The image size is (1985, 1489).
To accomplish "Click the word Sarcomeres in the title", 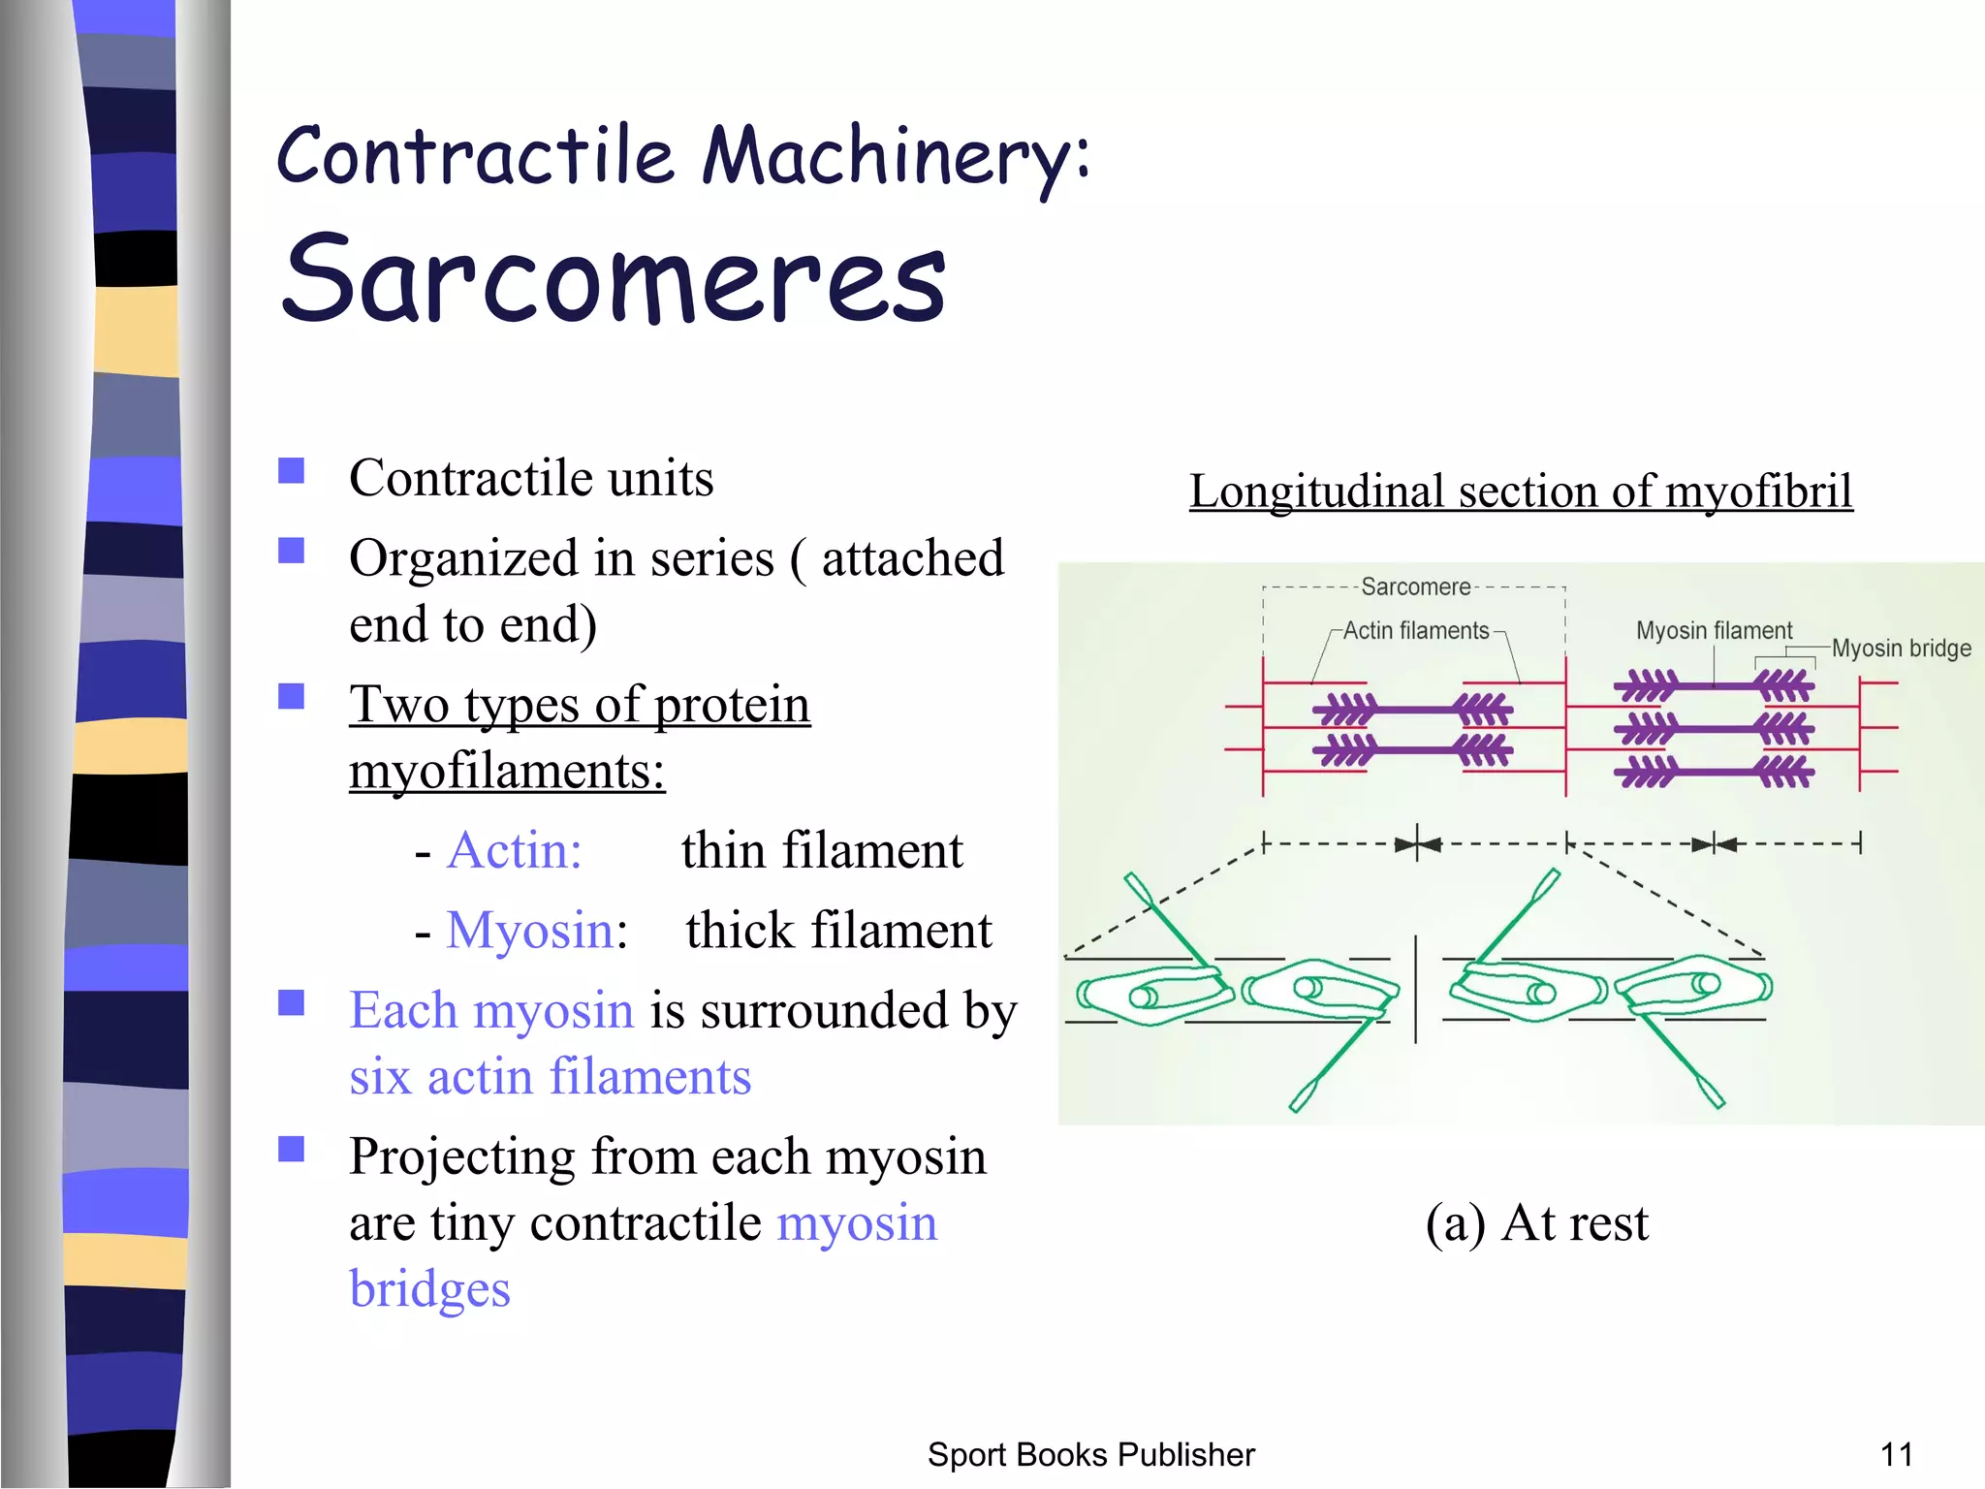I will click(613, 279).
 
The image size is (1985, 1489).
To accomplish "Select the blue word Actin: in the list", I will click(514, 850).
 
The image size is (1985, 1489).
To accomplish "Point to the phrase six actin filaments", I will click(550, 1077).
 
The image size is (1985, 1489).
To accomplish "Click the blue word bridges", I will click(429, 1289).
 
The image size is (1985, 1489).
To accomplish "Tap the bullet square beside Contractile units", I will click(291, 471).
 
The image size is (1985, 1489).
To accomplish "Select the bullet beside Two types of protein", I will click(291, 697).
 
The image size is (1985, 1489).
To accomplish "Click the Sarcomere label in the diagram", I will click(1415, 586).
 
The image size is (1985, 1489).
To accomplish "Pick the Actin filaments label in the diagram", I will click(1415, 631).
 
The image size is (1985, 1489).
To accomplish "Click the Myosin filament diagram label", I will click(1714, 631).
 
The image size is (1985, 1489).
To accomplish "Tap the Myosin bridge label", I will click(1901, 649).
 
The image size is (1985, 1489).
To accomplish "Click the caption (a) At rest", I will click(1536, 1222).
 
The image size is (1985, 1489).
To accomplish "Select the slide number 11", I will click(1896, 1455).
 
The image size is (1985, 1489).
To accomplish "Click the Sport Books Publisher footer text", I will click(1090, 1455).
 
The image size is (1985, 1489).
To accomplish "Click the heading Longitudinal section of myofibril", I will click(1520, 491).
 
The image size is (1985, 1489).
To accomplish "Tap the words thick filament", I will click(838, 931).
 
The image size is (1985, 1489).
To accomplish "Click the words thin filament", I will click(822, 850).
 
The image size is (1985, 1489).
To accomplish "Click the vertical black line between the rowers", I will click(1416, 989).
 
